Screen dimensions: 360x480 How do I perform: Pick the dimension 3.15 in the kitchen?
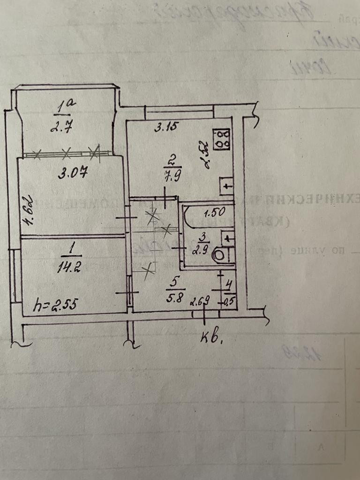click(166, 127)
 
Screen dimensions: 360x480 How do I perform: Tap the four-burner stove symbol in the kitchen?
click(222, 139)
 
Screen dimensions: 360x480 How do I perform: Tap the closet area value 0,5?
click(229, 300)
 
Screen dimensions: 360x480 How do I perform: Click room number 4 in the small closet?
click(229, 284)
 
